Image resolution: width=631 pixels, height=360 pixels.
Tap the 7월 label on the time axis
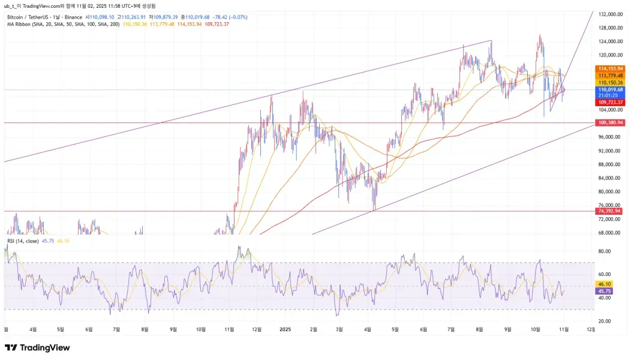(x=116, y=329)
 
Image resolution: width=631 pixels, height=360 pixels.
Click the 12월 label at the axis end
(x=591, y=329)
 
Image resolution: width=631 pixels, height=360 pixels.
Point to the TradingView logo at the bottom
(x=37, y=348)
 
